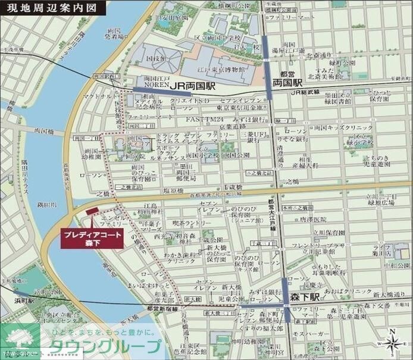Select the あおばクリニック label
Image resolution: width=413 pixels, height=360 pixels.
point(353,292)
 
